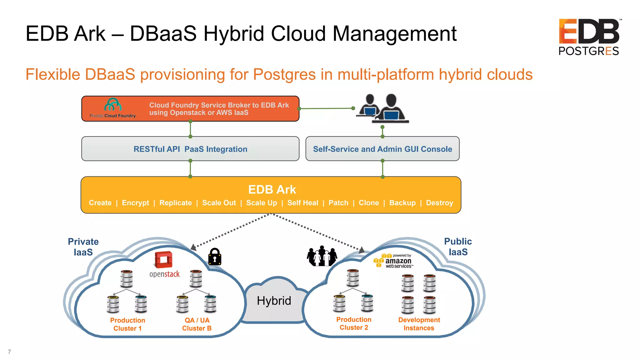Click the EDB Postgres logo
click(589, 37)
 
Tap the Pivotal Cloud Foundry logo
click(113, 108)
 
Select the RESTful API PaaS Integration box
click(190, 149)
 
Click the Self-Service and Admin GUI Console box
click(382, 149)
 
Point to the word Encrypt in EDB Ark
click(135, 203)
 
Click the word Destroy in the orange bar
click(439, 203)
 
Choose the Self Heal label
click(302, 203)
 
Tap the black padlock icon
click(215, 257)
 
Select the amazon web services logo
click(394, 261)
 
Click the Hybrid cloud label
click(274, 301)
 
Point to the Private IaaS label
click(83, 247)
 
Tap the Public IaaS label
click(458, 247)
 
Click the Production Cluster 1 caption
click(127, 324)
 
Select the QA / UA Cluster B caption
click(197, 324)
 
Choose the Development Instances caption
click(419, 324)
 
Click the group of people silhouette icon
click(322, 256)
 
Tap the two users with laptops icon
click(382, 108)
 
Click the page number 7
click(9, 352)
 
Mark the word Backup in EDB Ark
click(402, 203)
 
